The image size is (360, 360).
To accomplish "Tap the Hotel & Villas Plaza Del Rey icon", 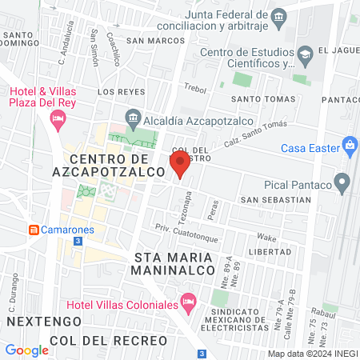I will click(57, 120).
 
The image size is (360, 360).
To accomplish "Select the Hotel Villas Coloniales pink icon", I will click(189, 303).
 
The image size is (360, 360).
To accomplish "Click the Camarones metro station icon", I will click(34, 230).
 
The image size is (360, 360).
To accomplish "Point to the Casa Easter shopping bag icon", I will click(349, 146).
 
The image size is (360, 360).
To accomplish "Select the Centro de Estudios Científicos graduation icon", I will click(304, 54).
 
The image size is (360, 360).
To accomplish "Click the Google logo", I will click(26, 350).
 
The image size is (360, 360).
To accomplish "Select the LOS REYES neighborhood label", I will click(122, 92).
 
